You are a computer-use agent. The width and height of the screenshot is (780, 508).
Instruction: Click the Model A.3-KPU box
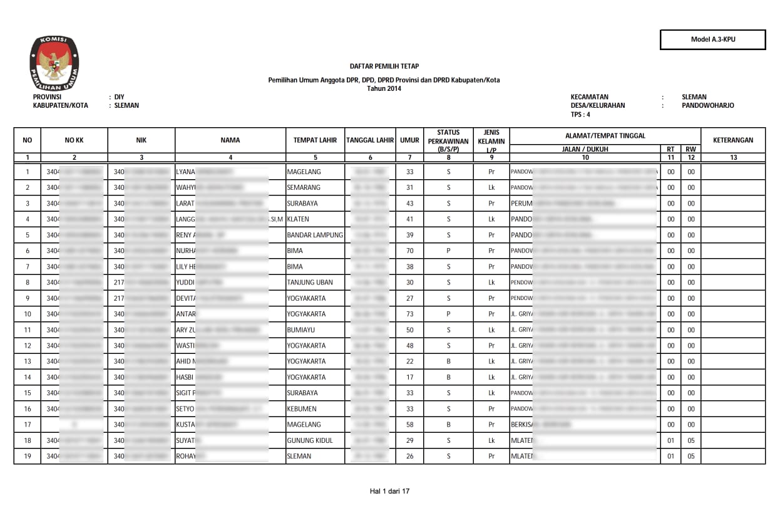[x=712, y=39]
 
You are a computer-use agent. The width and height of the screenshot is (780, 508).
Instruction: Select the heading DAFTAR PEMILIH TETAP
[x=384, y=66]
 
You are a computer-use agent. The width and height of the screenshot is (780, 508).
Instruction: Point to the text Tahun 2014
[x=384, y=88]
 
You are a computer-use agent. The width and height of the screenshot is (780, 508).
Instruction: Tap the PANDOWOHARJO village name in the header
[x=707, y=106]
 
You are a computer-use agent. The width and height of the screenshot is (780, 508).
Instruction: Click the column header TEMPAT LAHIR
[x=315, y=140]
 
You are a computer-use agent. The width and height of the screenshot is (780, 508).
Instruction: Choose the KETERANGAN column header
[x=732, y=140]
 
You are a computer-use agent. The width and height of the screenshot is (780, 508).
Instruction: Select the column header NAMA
[x=230, y=140]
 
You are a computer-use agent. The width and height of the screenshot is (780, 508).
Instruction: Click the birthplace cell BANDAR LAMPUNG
[x=315, y=235]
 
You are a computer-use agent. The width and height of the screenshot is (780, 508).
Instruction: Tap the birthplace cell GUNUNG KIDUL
[x=310, y=440]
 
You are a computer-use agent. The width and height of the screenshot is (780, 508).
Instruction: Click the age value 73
[x=409, y=314]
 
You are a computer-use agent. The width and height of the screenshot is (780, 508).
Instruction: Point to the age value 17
[x=409, y=377]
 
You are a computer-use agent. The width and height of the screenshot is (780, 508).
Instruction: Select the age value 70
[x=409, y=251]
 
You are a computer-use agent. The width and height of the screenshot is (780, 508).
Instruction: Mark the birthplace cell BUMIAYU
[x=302, y=329]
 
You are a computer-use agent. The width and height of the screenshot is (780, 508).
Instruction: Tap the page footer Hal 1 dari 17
[x=389, y=491]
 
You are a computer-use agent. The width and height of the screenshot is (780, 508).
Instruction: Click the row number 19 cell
[x=28, y=456]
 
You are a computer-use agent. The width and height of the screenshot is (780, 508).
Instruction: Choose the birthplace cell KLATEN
[x=298, y=219]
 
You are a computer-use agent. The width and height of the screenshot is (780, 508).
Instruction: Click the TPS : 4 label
[x=580, y=115]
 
